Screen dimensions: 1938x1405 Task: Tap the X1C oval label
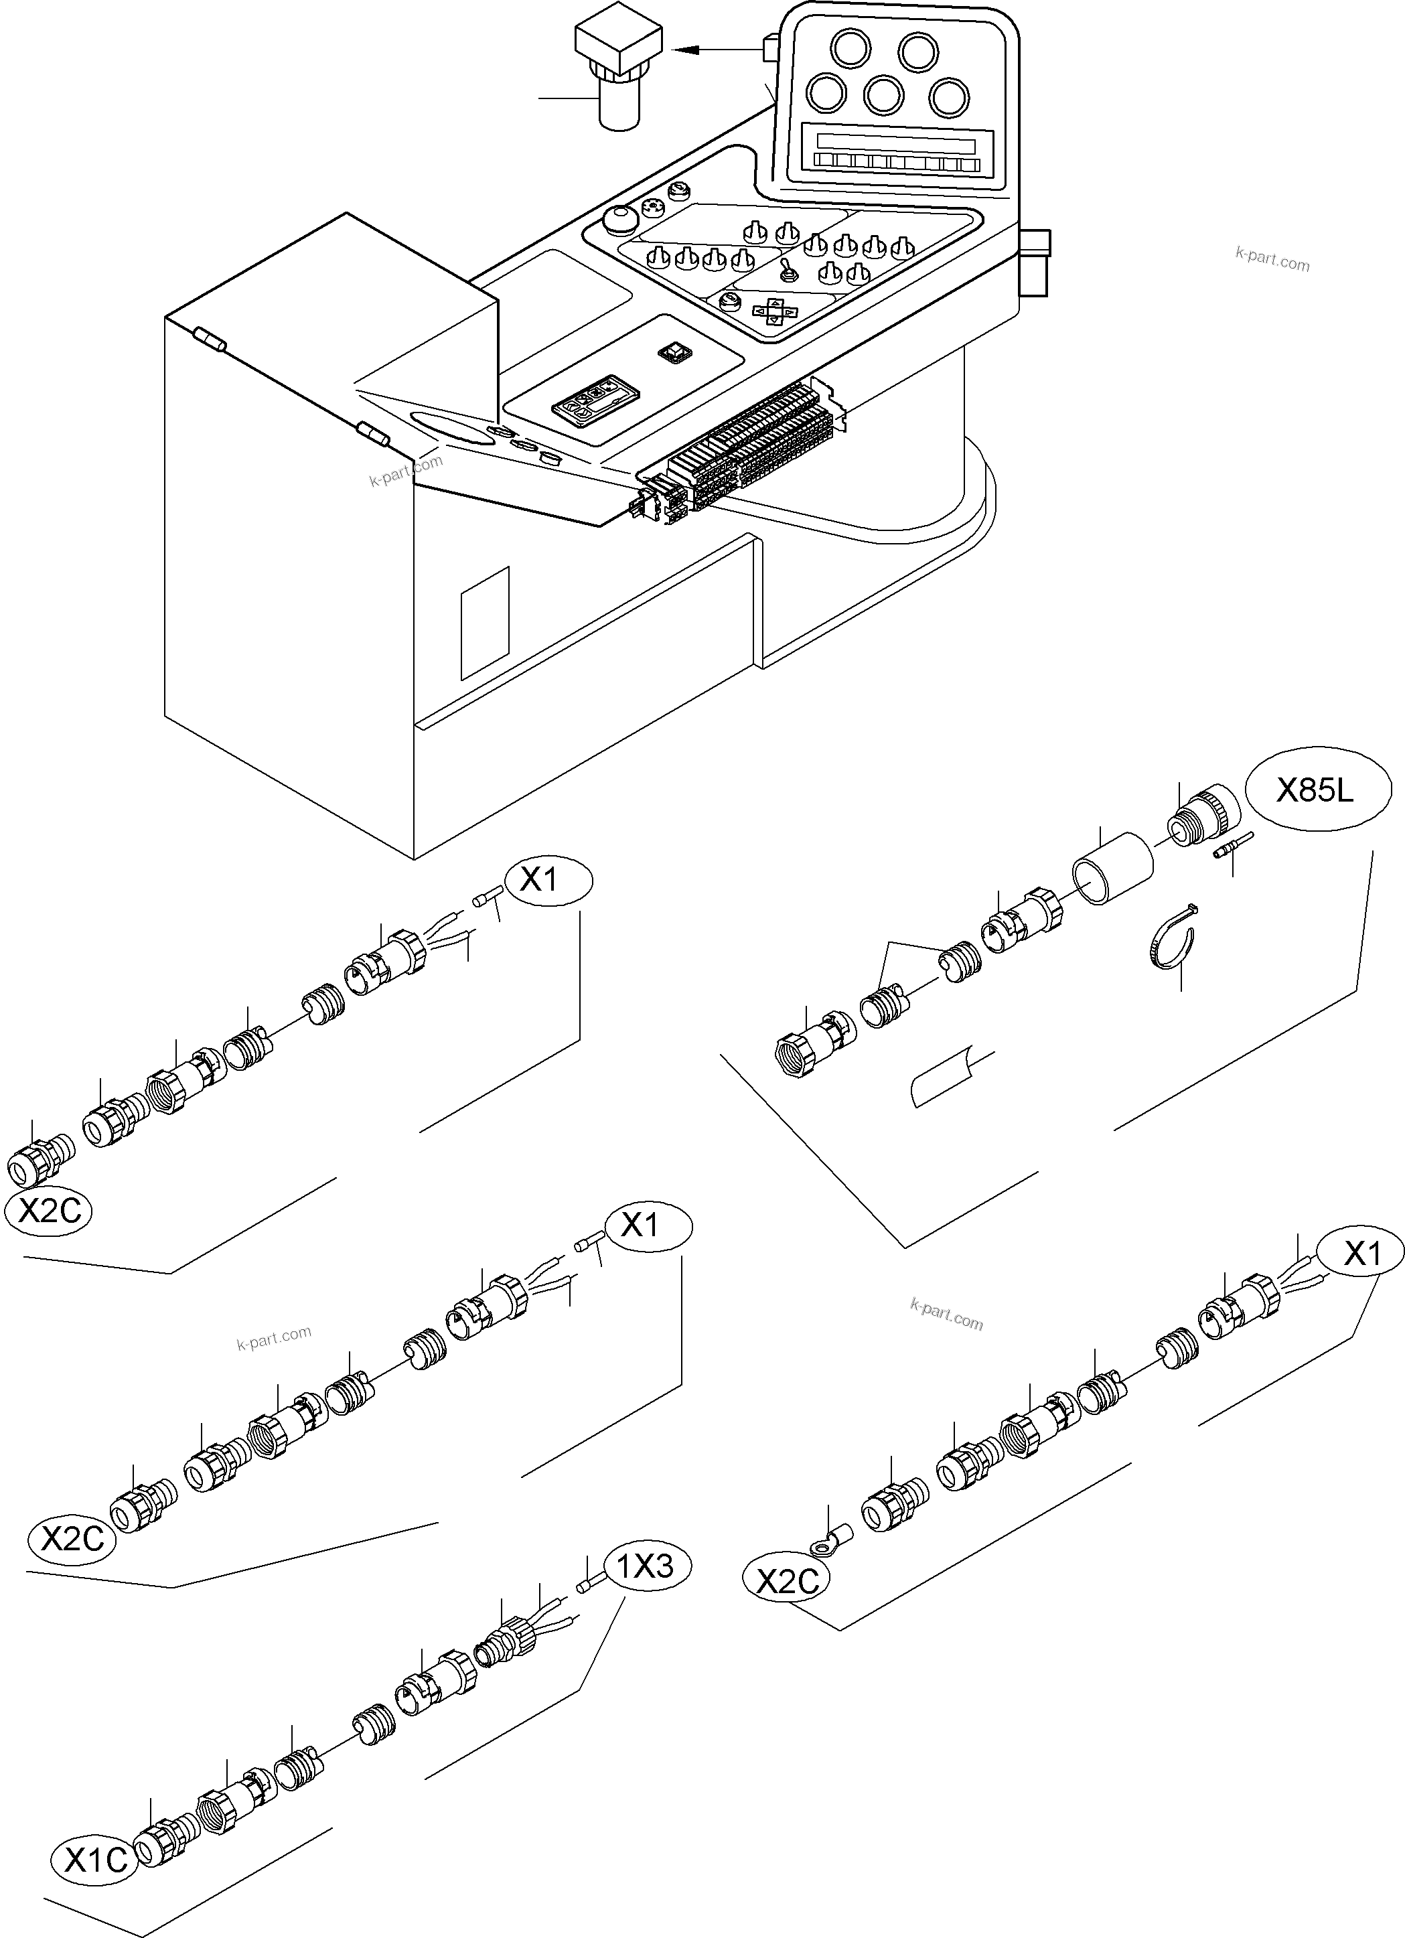(x=96, y=1856)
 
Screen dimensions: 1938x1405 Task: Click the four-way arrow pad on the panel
(x=773, y=309)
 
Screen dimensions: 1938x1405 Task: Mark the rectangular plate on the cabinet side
(x=485, y=622)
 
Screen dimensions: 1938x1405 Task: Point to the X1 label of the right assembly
(x=1361, y=1254)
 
